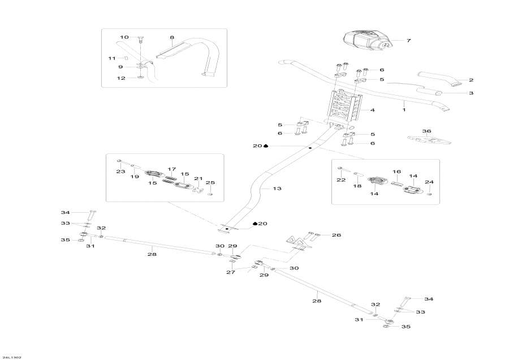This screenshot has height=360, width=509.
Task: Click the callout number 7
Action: tap(408, 41)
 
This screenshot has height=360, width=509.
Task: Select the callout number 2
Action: tap(471, 80)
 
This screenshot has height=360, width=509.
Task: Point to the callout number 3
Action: tap(471, 92)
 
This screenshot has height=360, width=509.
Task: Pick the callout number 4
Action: tap(373, 110)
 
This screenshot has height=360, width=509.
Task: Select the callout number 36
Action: tap(427, 131)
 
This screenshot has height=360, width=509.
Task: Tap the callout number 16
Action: tap(396, 171)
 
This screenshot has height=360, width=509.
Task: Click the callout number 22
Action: tap(342, 180)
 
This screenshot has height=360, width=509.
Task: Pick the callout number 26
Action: tap(337, 234)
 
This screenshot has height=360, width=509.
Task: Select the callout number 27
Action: tap(231, 272)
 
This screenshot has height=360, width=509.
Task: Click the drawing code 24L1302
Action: tap(11, 357)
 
